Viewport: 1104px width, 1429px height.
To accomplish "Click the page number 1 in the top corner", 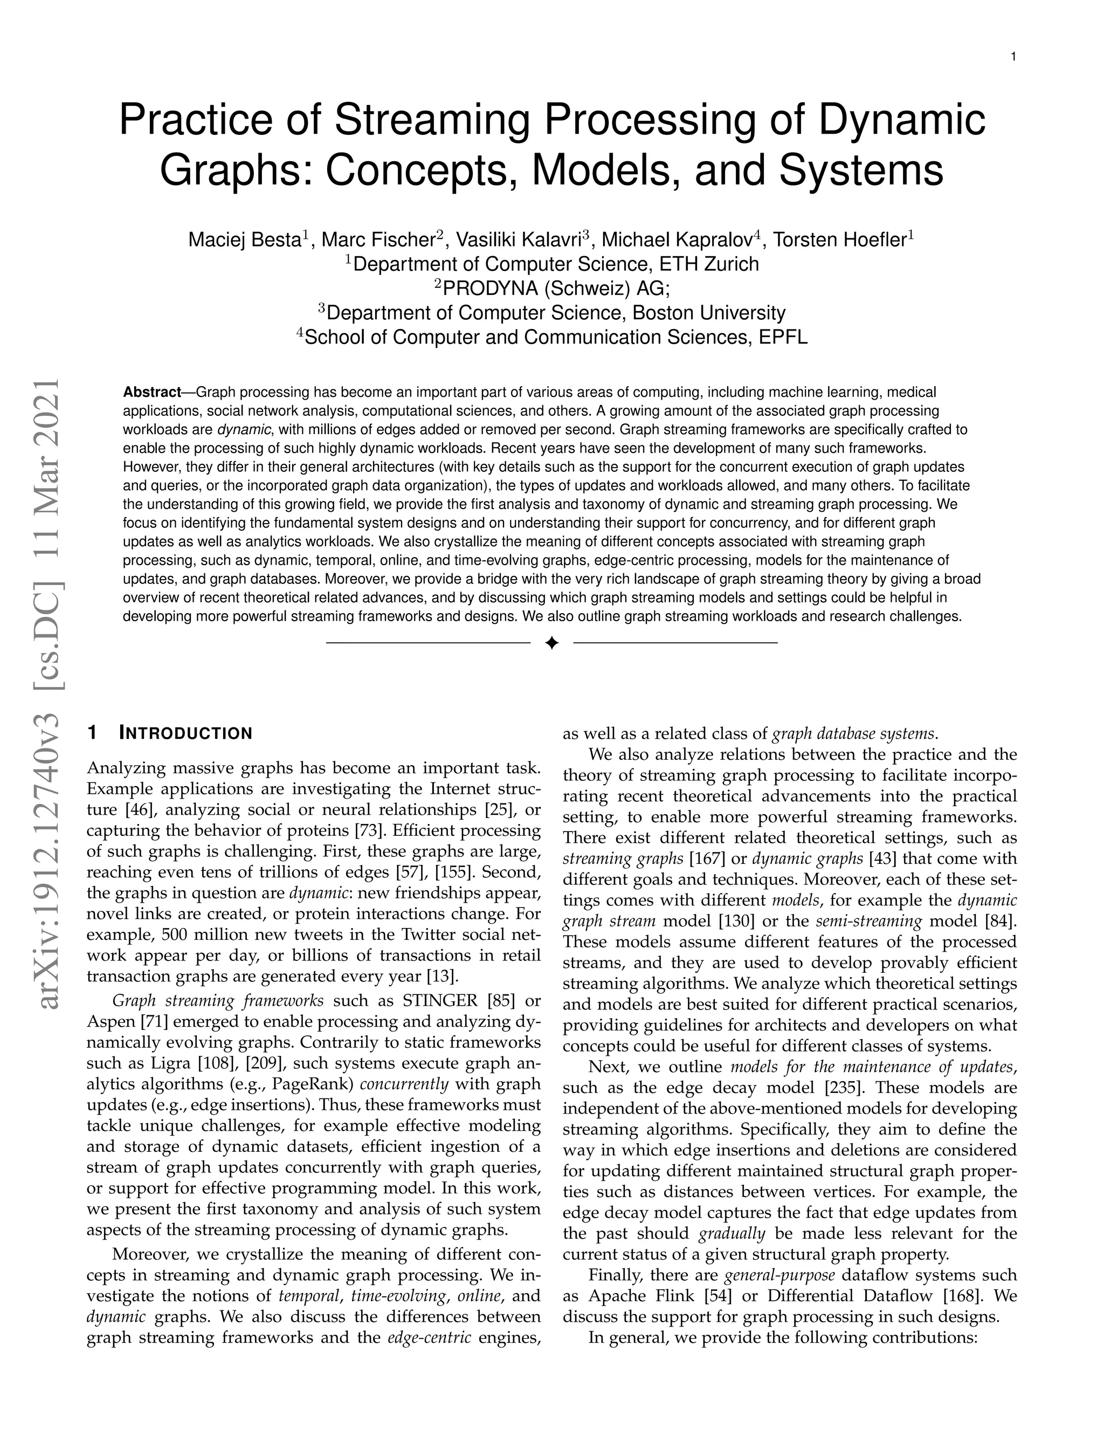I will (1013, 57).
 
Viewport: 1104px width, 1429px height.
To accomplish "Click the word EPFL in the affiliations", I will (783, 337).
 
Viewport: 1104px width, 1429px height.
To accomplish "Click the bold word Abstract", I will (151, 392).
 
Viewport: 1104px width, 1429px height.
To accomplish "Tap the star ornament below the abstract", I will (551, 644).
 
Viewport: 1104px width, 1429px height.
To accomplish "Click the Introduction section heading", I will (186, 733).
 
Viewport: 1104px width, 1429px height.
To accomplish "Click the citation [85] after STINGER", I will (503, 1001).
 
